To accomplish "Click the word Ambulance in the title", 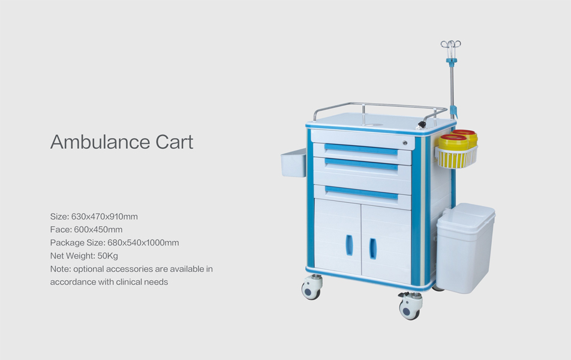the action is (x=100, y=142).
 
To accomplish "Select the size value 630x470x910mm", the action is (x=104, y=217).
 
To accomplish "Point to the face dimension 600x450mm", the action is (x=98, y=230).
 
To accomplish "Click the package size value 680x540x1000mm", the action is (x=143, y=242).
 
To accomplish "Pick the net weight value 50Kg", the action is (x=108, y=256).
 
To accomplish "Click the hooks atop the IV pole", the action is (x=451, y=45).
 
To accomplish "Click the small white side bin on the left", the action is (x=293, y=163).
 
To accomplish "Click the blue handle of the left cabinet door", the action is (x=349, y=245).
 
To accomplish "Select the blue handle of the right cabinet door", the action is (x=373, y=248).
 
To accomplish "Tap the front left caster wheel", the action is (x=311, y=288).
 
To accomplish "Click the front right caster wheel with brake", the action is (x=410, y=307).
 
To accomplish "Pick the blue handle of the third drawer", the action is (x=362, y=193).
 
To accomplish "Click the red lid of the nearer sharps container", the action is (x=453, y=137).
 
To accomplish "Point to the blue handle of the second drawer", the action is (x=361, y=164).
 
